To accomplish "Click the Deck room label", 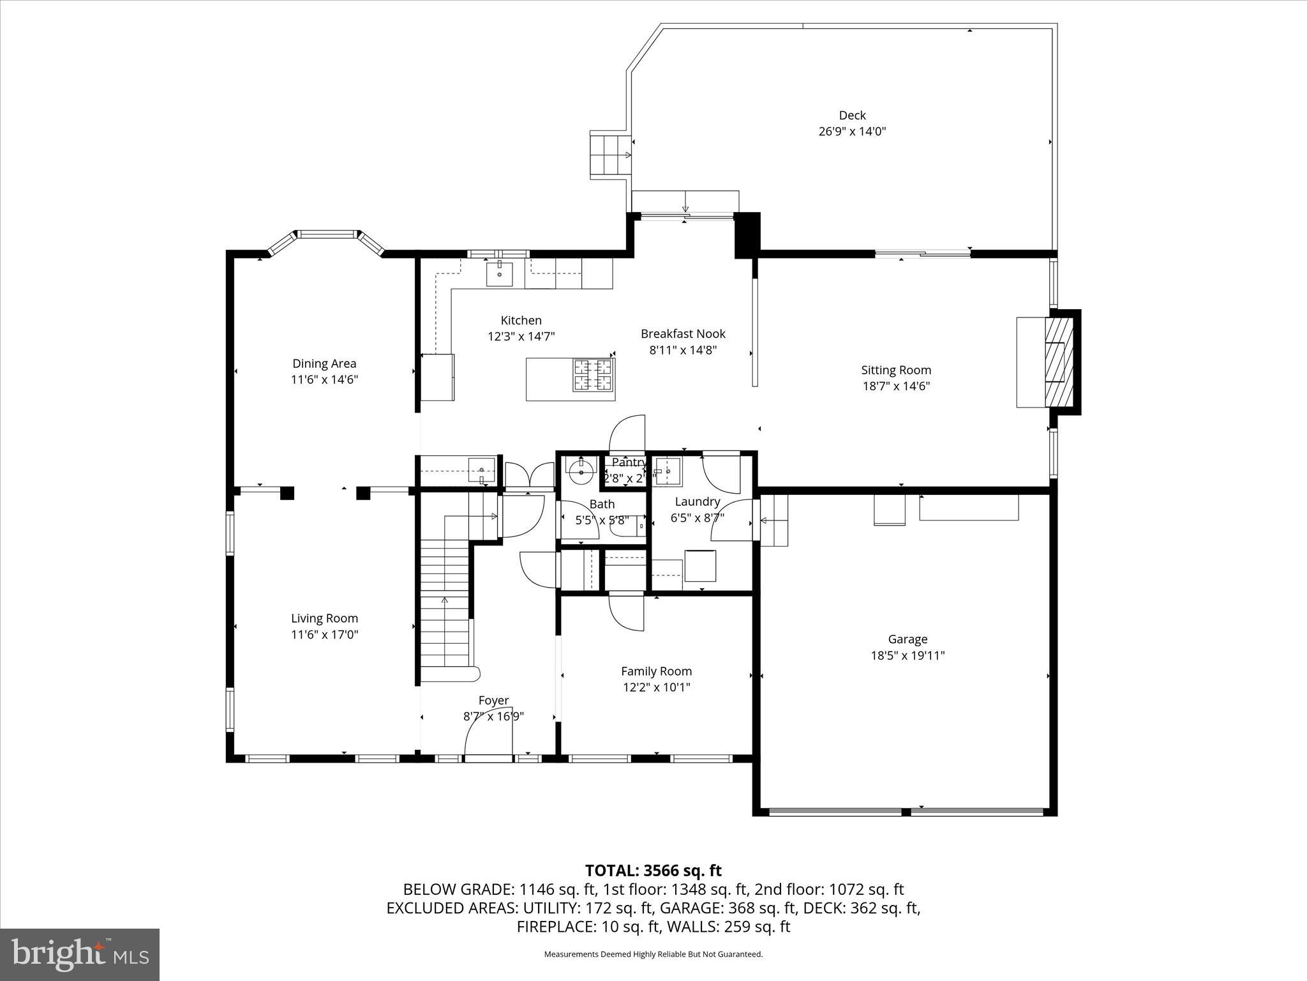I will (852, 116).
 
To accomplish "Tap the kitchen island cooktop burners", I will (594, 375).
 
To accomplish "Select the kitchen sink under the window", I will (499, 275).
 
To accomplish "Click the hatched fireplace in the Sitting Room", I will (1059, 361).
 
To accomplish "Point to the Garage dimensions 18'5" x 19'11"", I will (907, 655).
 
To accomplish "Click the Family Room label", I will (656, 671).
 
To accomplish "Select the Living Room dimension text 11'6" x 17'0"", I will (324, 635).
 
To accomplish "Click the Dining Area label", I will (324, 363).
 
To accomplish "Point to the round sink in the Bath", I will (581, 473).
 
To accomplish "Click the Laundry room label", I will (697, 502).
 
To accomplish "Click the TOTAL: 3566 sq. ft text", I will (653, 871).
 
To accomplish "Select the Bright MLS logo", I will (80, 954).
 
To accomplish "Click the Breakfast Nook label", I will (683, 333).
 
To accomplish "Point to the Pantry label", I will (629, 462).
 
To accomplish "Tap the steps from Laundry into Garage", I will (773, 521).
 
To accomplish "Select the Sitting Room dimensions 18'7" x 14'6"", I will (896, 386).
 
